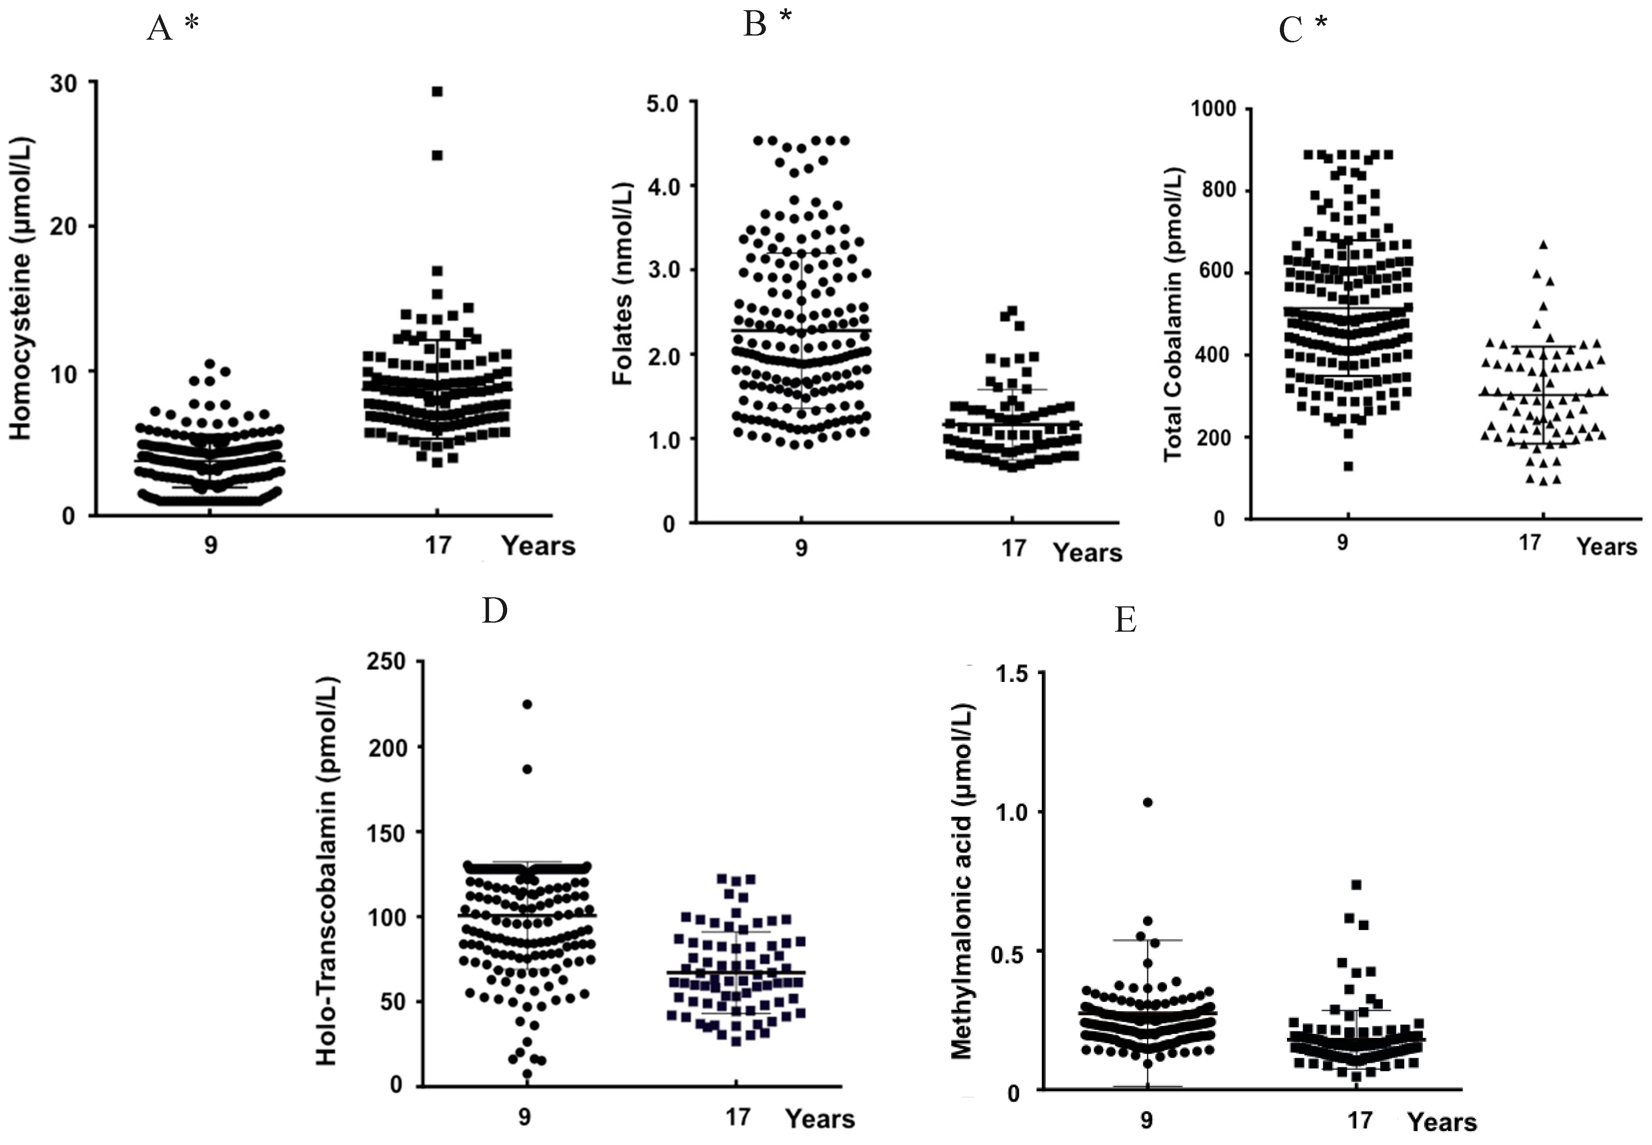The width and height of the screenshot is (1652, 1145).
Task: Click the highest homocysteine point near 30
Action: tap(437, 91)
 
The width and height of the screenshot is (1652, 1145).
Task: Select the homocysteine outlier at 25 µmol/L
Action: tap(437, 155)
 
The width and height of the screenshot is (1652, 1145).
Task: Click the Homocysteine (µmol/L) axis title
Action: tap(22, 287)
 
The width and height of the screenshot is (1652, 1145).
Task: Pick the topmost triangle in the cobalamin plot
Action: tap(1542, 245)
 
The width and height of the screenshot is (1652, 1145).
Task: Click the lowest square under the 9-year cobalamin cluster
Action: tap(1349, 466)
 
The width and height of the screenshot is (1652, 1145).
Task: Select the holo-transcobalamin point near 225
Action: tap(527, 704)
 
